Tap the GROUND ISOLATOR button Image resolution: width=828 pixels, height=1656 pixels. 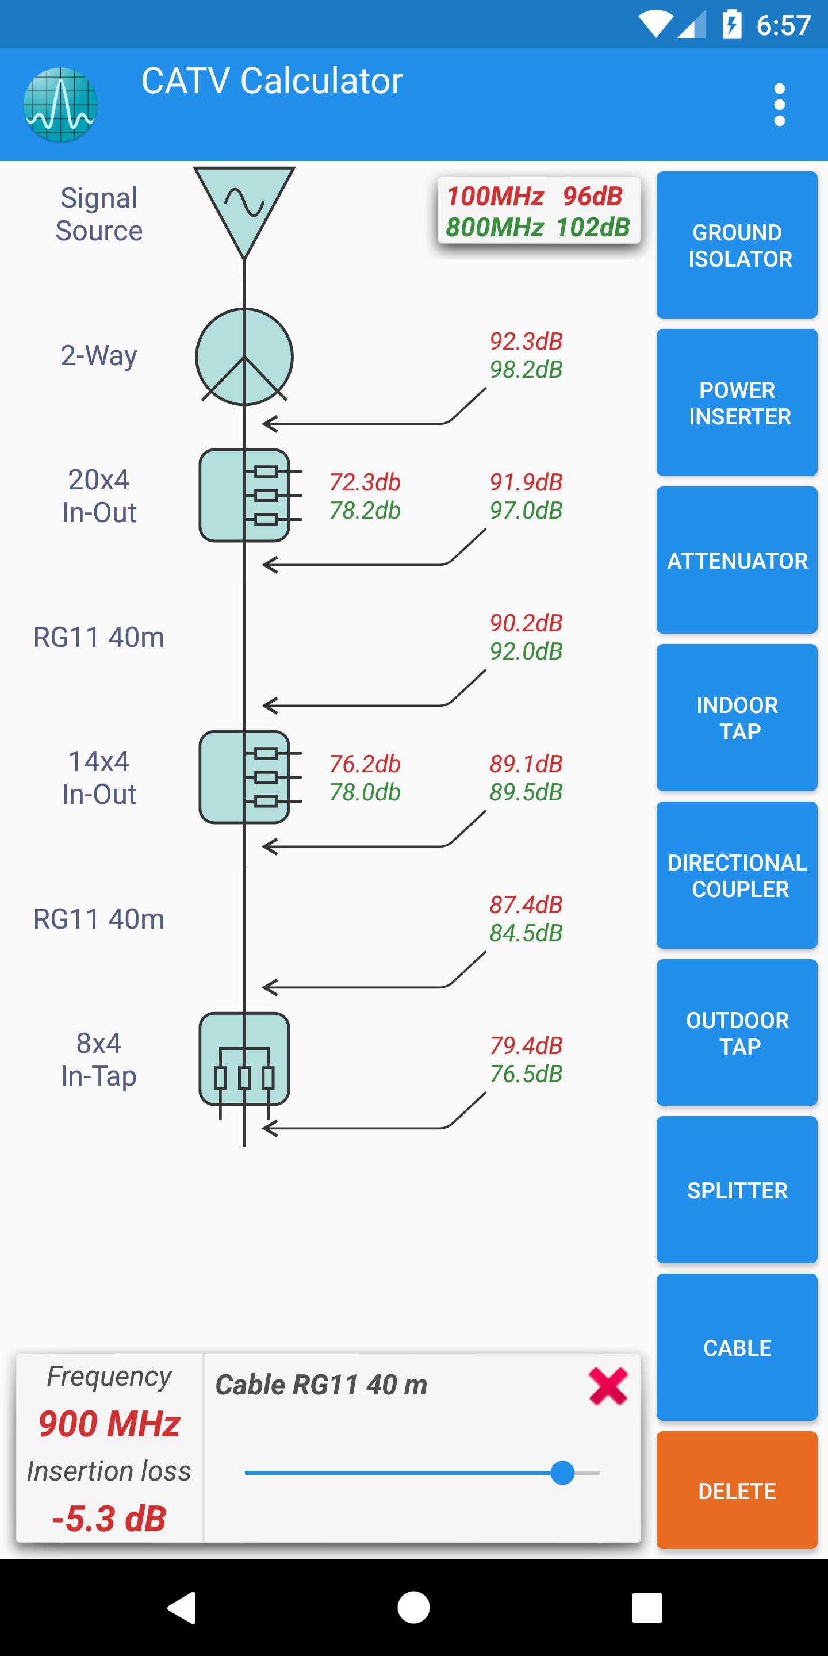point(737,245)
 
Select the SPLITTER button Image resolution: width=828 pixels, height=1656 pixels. point(737,1190)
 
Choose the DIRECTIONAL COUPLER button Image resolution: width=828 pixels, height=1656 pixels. point(737,875)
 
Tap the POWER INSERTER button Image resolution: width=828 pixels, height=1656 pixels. point(737,402)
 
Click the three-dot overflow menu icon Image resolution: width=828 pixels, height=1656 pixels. point(779,105)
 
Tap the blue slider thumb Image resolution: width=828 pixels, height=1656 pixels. point(562,1472)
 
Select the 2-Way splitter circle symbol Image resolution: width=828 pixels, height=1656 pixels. point(244,356)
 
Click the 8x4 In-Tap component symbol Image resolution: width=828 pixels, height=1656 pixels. point(244,1059)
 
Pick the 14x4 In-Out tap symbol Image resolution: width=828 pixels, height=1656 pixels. point(244,777)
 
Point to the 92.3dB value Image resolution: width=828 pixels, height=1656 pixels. point(526,342)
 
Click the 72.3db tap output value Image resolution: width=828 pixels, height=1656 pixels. point(365,482)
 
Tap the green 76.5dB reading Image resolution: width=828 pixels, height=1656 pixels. point(526,1074)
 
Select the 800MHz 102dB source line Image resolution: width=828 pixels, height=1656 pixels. point(538,228)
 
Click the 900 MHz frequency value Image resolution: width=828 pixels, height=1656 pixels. point(109,1424)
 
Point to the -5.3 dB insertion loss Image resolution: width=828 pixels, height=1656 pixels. point(109,1519)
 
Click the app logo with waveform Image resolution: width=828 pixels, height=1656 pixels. point(60,105)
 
